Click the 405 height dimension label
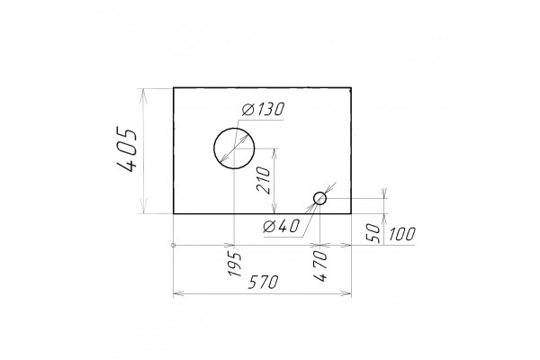(x=127, y=149)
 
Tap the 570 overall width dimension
(x=263, y=283)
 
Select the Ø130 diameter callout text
(x=263, y=109)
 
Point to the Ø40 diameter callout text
(x=281, y=226)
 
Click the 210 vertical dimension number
(x=264, y=181)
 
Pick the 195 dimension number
(x=235, y=265)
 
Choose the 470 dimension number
(x=320, y=266)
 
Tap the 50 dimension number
(x=373, y=233)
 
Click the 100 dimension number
(x=402, y=234)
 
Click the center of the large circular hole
(x=234, y=148)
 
